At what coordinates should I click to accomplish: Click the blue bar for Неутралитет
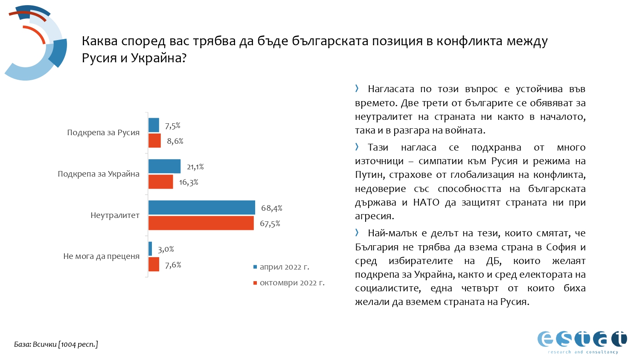pos(201,208)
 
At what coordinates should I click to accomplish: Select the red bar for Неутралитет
pos(201,223)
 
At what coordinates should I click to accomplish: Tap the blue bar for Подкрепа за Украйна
pos(164,166)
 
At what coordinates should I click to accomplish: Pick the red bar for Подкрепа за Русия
pos(154,141)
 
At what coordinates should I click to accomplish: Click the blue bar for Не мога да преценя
pos(150,249)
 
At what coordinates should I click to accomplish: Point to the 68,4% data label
pos(272,208)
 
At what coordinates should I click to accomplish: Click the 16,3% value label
pos(189,183)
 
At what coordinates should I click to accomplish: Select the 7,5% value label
pos(173,126)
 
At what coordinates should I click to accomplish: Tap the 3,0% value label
pos(166,250)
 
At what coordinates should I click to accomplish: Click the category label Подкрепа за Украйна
pos(99,174)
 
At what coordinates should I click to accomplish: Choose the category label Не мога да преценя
pos(102,256)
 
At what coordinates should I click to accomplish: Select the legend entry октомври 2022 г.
pos(292,283)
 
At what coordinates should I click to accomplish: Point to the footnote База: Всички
pos(56,344)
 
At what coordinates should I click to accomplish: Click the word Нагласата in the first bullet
pos(391,89)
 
